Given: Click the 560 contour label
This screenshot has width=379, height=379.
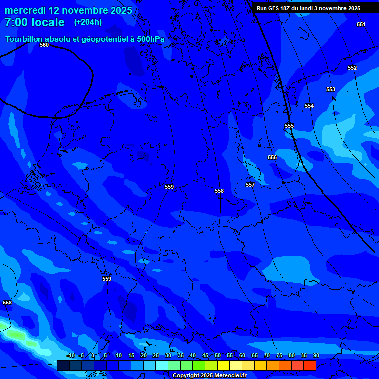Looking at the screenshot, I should click(44, 45).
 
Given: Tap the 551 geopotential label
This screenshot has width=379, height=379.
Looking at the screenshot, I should click(361, 24).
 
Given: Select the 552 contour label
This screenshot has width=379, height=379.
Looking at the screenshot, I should click(352, 68).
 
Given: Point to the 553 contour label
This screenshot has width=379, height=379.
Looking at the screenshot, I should click(331, 89).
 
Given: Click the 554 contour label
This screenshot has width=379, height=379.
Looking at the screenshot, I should click(309, 106).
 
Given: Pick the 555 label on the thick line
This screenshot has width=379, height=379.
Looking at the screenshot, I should click(289, 126).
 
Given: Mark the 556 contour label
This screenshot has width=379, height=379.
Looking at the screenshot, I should click(272, 157).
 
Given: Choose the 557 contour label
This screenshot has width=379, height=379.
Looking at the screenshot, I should click(250, 185).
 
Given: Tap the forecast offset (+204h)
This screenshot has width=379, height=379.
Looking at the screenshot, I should click(88, 22).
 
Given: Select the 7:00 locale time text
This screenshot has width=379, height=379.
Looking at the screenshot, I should click(35, 22).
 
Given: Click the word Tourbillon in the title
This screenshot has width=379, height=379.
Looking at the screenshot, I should click(24, 39).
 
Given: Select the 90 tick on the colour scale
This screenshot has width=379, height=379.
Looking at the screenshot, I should click(316, 356).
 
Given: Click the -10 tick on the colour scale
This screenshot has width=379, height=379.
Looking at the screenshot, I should click(70, 356).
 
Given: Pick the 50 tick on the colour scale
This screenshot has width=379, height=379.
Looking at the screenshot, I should click(217, 356).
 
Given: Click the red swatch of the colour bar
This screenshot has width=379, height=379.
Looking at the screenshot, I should click(309, 365).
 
